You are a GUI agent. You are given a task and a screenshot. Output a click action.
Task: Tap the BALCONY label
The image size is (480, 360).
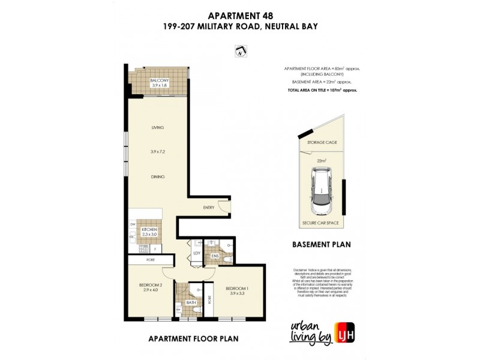click(x=160, y=80)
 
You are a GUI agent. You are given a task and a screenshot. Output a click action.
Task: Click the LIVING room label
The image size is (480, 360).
click(x=158, y=128)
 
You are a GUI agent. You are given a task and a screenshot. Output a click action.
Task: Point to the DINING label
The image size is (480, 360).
click(x=158, y=176)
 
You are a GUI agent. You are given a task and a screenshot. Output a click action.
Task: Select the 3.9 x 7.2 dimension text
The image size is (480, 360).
click(x=158, y=152)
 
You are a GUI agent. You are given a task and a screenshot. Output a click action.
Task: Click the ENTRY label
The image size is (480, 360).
click(x=208, y=208)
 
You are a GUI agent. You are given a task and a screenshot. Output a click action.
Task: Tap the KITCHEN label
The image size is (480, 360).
click(x=149, y=229)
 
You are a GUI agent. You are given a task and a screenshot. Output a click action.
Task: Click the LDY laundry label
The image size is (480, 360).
click(x=196, y=254)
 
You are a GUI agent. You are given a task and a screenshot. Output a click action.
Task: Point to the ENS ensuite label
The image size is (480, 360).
click(x=215, y=255)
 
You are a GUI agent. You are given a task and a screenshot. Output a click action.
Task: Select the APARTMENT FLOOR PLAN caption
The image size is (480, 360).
click(x=193, y=338)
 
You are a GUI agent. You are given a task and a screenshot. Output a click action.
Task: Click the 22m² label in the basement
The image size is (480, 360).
click(x=321, y=160)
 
